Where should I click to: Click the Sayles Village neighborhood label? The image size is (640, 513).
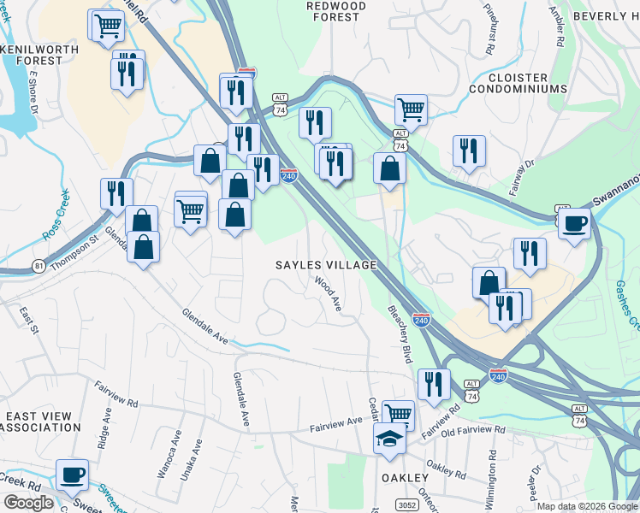point(326,265)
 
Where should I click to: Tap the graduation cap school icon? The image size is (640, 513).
point(389,439)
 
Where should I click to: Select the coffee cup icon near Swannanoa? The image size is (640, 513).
point(574,224)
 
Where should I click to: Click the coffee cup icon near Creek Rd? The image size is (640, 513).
point(72,475)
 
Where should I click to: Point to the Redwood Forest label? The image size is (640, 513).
point(336,11)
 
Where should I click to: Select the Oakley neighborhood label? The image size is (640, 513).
point(405,477)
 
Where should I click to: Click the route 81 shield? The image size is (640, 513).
point(39,267)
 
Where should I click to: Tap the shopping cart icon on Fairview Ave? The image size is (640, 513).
point(398,415)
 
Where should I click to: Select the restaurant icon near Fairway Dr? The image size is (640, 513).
point(469,150)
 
